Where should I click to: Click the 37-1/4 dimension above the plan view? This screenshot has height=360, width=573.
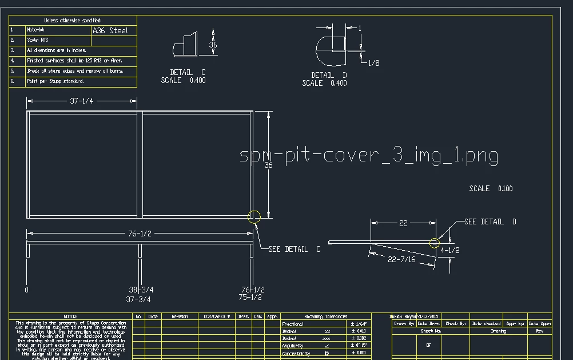[x=82, y=101]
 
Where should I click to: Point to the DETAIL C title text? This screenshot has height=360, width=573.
[x=188, y=73]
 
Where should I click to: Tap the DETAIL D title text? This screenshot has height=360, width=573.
[x=329, y=75]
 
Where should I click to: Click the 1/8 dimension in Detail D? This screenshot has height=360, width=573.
[x=373, y=63]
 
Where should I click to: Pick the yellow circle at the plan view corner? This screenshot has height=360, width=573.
[x=254, y=216]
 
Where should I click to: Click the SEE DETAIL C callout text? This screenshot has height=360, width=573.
[x=295, y=249]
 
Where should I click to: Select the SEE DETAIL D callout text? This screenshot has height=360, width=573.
[x=490, y=221]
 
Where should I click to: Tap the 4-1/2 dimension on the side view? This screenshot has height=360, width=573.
[x=450, y=250]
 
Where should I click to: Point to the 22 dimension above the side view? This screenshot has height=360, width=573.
[x=403, y=223]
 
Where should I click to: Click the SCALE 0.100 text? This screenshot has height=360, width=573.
[x=491, y=188]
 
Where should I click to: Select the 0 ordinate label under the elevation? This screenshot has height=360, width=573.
[x=26, y=290]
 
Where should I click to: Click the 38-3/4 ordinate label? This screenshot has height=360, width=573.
[x=141, y=290]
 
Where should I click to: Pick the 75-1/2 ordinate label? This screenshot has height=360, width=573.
[x=250, y=298]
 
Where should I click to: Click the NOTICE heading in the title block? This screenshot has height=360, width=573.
[x=70, y=316]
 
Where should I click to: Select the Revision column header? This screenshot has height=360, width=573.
[x=180, y=316]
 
